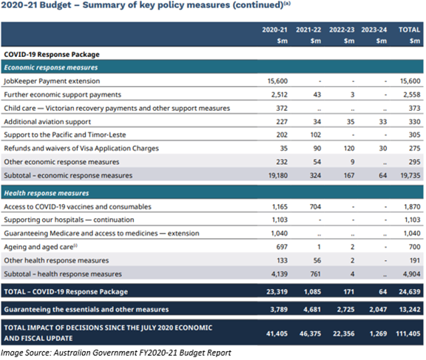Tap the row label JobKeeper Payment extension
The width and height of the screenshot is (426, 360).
point(52,81)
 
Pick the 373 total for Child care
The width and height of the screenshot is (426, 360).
point(415,108)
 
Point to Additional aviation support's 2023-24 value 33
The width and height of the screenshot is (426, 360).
point(383,122)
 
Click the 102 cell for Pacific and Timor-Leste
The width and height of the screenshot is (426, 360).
point(316,135)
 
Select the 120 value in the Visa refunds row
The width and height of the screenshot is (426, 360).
point(349,149)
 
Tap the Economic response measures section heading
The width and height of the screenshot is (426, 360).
point(51,67)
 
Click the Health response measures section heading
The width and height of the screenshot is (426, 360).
point(47,193)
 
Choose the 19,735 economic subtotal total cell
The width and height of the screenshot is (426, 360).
point(410,175)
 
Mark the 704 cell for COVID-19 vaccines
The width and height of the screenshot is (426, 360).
point(315,206)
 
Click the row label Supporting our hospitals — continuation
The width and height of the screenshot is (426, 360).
point(69,220)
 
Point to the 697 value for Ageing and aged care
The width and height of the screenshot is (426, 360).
point(282,247)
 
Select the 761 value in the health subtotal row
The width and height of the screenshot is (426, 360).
point(315,274)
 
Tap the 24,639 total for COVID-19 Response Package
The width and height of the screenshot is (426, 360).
point(410,292)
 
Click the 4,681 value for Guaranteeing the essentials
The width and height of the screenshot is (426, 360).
point(312,310)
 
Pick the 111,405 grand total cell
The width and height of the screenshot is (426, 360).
point(408,333)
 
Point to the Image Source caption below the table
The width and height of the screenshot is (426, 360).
point(115,353)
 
